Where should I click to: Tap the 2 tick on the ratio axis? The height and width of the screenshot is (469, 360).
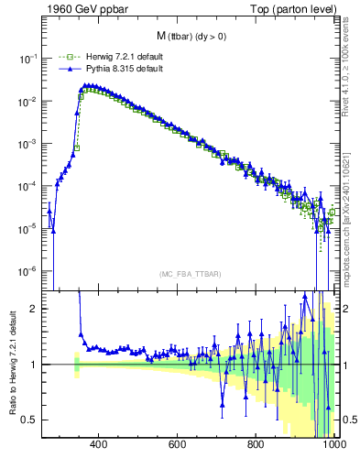(x=37, y=309)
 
